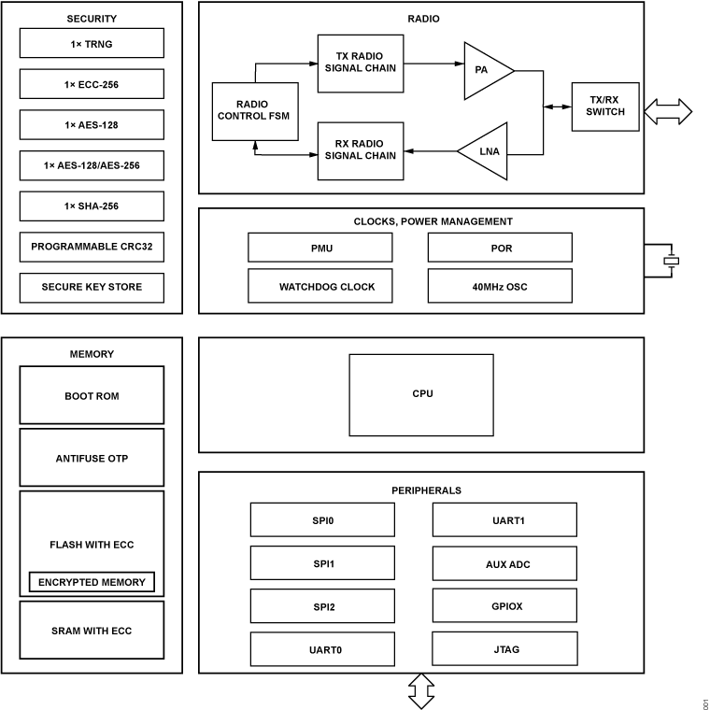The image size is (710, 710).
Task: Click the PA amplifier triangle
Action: [x=485, y=70]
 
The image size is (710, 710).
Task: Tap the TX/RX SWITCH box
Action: [x=605, y=106]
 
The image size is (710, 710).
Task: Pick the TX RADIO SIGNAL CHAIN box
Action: [x=360, y=63]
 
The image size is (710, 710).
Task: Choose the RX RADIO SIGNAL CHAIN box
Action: [x=360, y=150]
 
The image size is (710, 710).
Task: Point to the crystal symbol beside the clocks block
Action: [x=670, y=261]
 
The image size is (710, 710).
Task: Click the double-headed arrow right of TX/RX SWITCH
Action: [x=668, y=112]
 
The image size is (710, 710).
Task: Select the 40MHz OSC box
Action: [x=500, y=287]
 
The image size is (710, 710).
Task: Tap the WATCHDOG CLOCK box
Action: [x=320, y=287]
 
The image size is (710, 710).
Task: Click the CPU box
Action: [x=421, y=394]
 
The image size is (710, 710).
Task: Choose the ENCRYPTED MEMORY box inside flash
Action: [x=92, y=582]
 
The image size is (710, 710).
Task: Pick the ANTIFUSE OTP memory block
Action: [x=92, y=458]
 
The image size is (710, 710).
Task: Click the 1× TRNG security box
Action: [x=92, y=43]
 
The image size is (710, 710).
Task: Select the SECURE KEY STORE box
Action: [x=92, y=288]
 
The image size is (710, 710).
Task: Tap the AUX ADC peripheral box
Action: [x=504, y=564]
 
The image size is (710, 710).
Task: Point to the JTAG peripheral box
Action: [x=504, y=648]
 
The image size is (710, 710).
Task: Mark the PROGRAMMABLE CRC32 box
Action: [x=92, y=247]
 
